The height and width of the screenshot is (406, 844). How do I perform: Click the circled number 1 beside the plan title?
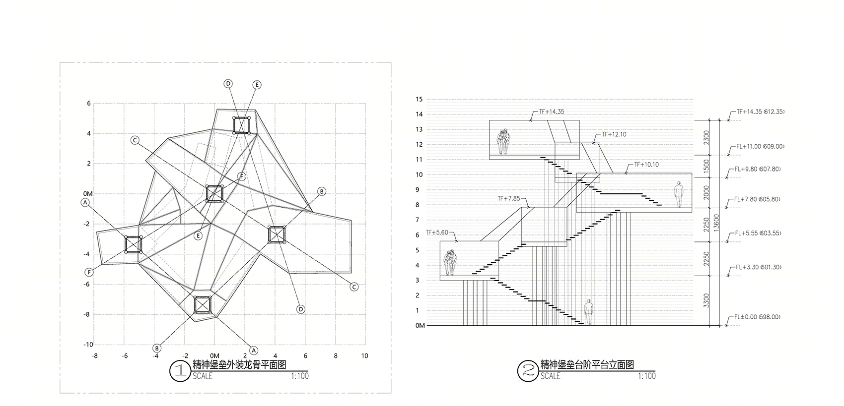180,371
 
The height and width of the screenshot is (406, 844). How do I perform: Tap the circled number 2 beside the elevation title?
527,371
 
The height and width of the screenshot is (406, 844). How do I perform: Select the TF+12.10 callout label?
614,134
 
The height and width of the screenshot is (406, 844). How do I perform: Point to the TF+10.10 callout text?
646,165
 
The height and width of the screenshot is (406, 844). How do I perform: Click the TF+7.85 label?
509,198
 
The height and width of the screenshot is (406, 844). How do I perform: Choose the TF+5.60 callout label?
437,232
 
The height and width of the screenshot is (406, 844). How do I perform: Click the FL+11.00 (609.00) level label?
761,146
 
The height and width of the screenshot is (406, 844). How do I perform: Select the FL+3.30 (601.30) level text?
759,267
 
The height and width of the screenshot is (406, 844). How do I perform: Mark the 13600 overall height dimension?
716,223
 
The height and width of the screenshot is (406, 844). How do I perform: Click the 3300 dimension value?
706,300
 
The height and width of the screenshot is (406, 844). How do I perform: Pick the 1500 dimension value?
706,166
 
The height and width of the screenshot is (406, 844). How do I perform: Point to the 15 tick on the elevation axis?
419,99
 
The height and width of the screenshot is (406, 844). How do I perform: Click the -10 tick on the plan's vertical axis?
88,345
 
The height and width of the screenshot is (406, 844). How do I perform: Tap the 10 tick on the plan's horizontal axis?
364,355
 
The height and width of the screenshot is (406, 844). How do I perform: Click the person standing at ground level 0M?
588,312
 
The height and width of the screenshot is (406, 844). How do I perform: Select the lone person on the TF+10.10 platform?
679,194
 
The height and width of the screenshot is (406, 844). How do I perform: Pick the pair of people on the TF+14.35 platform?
503,142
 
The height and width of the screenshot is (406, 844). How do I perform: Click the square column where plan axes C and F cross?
215,194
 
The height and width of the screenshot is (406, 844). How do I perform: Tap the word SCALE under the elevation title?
551,376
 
